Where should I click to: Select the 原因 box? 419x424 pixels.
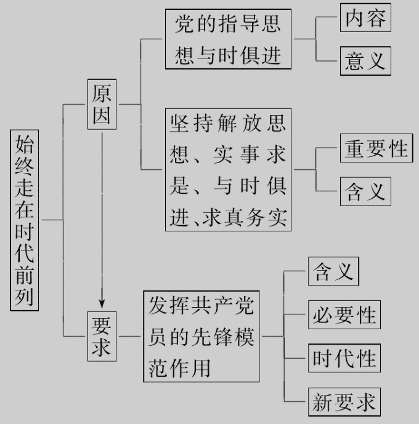[x=102, y=104]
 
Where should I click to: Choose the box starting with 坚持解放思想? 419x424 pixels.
[x=228, y=169]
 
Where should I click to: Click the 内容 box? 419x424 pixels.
[x=365, y=18]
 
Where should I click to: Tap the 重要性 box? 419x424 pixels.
[x=376, y=149]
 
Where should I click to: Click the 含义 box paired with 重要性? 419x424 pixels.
[x=365, y=191]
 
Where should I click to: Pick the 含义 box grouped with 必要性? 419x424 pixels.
[x=333, y=271]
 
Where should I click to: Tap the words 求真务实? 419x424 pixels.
[x=245, y=218]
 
